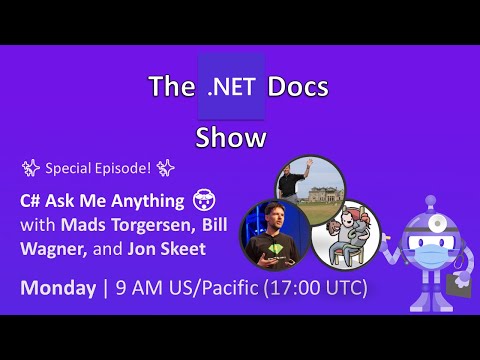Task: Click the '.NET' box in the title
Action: click(x=231, y=87)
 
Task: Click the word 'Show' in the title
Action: click(x=231, y=137)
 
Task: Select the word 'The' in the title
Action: click(x=171, y=87)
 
